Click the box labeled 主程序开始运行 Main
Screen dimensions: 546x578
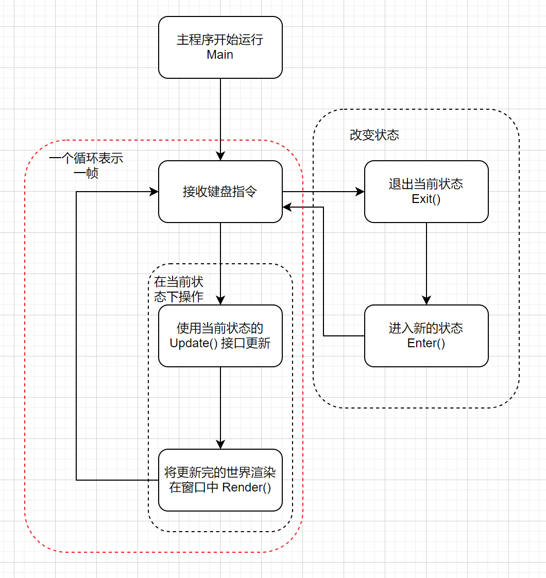pyautogui.click(x=220, y=47)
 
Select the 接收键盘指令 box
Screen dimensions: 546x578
pyautogui.click(x=220, y=192)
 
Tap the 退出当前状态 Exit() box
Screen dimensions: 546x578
pyautogui.click(x=426, y=192)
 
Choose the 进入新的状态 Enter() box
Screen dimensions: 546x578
pyautogui.click(x=426, y=336)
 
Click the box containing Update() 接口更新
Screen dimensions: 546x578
pyautogui.click(x=220, y=336)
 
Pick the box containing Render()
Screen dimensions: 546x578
pyautogui.click(x=220, y=480)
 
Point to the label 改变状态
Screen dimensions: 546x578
pyautogui.click(x=374, y=135)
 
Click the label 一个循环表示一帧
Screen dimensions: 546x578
pyautogui.click(x=86, y=165)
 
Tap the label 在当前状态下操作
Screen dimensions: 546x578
pyautogui.click(x=179, y=290)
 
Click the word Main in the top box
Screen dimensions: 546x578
pyautogui.click(x=220, y=55)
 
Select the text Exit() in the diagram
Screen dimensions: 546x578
pyautogui.click(x=426, y=199)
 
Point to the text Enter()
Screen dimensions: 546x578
pyautogui.click(x=426, y=343)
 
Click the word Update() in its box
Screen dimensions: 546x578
pyautogui.click(x=194, y=343)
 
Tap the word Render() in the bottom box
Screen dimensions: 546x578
pyautogui.click(x=247, y=487)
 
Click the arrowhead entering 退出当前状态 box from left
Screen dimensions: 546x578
pyautogui.click(x=360, y=192)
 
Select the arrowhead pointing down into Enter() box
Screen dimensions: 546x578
pyautogui.click(x=426, y=300)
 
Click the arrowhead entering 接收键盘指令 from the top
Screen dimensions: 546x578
pyautogui.click(x=220, y=156)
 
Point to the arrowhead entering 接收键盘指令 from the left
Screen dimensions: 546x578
pyautogui.click(x=153, y=192)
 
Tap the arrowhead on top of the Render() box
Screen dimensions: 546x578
pyautogui.click(x=220, y=444)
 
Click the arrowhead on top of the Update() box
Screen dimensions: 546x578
pyautogui.click(x=220, y=300)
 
